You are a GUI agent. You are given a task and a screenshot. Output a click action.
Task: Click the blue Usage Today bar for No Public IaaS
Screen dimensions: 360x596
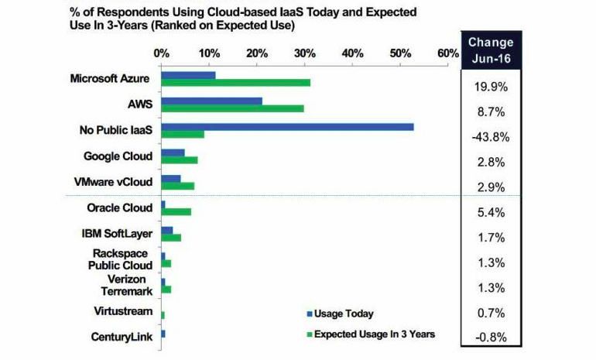click(286, 126)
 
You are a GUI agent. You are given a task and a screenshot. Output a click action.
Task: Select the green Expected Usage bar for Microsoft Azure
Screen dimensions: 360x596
click(235, 83)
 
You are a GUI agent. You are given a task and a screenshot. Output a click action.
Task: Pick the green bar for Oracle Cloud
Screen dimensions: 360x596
click(176, 211)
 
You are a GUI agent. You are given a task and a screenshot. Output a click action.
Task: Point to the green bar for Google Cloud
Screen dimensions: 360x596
click(180, 160)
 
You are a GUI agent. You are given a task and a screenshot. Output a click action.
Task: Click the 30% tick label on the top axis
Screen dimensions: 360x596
click(305, 53)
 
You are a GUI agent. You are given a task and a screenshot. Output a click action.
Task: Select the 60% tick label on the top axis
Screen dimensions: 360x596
click(448, 53)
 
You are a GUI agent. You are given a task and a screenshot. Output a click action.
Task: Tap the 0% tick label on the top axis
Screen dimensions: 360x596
click(161, 53)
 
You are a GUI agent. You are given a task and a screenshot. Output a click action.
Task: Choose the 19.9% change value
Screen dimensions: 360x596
click(491, 86)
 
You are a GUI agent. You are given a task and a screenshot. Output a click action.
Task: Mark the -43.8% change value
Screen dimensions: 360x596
click(491, 136)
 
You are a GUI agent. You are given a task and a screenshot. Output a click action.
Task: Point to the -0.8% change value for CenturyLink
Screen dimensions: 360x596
click(491, 337)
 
